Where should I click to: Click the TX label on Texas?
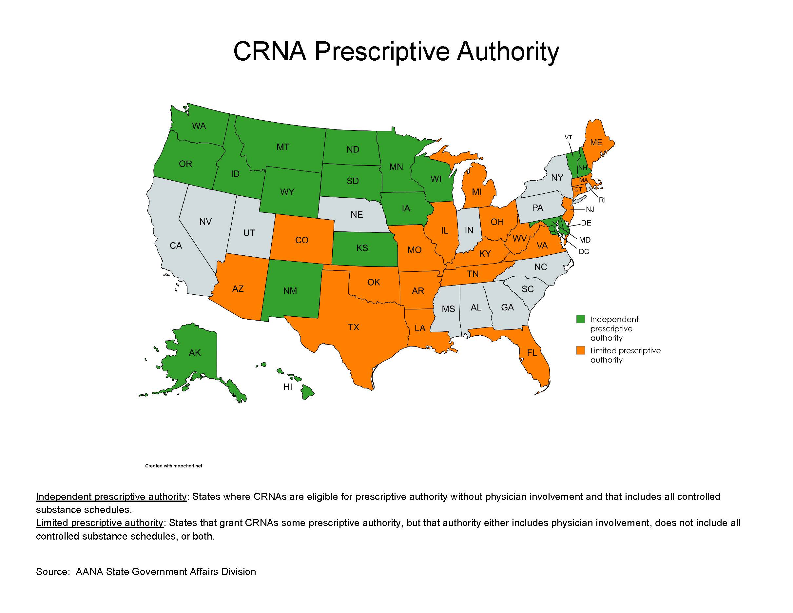pyautogui.click(x=353, y=327)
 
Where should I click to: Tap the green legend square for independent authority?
pyautogui.click(x=581, y=319)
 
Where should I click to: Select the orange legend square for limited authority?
pyautogui.click(x=581, y=350)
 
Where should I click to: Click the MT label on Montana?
pyautogui.click(x=283, y=147)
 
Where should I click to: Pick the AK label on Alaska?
pyautogui.click(x=195, y=353)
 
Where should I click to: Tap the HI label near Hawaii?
pyautogui.click(x=288, y=387)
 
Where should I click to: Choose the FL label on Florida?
pyautogui.click(x=532, y=353)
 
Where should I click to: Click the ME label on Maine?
pyautogui.click(x=596, y=142)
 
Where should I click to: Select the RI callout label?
pyautogui.click(x=602, y=200)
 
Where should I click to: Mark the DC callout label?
pyautogui.click(x=584, y=252)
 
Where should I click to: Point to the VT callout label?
pyautogui.click(x=568, y=137)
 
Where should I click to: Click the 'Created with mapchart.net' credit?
pyautogui.click(x=174, y=466)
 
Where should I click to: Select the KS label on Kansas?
pyautogui.click(x=362, y=248)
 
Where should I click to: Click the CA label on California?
pyautogui.click(x=176, y=246)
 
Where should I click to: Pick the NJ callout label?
pyautogui.click(x=590, y=209)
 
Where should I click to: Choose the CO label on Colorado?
pyautogui.click(x=302, y=240)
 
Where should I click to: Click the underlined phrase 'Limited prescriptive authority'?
pyautogui.click(x=100, y=523)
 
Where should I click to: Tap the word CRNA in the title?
pyautogui.click(x=269, y=51)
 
